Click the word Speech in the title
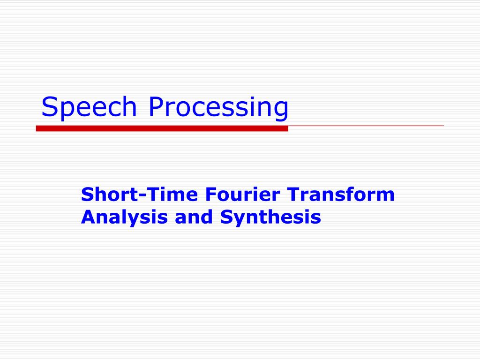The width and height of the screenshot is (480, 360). (x=89, y=107)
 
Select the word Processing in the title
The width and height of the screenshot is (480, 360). (x=218, y=107)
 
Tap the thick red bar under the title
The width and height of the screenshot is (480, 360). (x=162, y=128)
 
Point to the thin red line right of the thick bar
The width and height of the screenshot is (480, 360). (x=366, y=126)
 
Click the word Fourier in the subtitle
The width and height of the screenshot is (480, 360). (x=242, y=195)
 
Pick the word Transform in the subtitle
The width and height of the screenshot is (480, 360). (x=341, y=195)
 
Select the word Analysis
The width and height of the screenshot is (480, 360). (x=124, y=217)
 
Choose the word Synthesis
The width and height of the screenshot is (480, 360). (x=270, y=217)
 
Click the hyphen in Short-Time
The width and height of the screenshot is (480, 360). (x=142, y=196)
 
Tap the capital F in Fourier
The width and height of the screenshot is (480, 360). (x=210, y=195)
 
